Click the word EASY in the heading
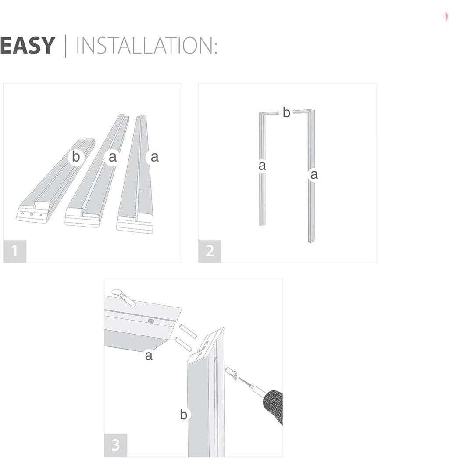tap(28, 45)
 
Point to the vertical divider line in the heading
tap(65, 46)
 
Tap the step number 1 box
tap(14, 251)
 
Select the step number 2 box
tap(210, 251)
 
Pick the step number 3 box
tap(116, 445)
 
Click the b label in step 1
tap(76, 157)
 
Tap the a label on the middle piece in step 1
tap(112, 157)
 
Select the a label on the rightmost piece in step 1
tap(154, 157)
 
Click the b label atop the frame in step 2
tap(286, 112)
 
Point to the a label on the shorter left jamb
tap(262, 166)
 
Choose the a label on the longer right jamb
tap(314, 175)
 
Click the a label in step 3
tap(149, 356)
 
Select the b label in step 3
tap(184, 415)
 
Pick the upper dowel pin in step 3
tap(188, 331)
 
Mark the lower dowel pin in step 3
tap(183, 344)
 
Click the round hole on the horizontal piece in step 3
tap(151, 321)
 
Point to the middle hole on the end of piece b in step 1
tap(32, 214)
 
